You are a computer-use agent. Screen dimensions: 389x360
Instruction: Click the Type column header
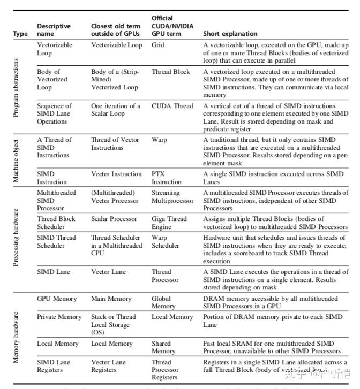pyautogui.click(x=20, y=34)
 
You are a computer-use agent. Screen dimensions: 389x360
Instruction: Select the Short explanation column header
pyautogui.click(x=230, y=34)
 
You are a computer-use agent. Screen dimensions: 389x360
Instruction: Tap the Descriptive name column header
pyautogui.click(x=54, y=30)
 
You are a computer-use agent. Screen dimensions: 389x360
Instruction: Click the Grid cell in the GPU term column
pyautogui.click(x=158, y=45)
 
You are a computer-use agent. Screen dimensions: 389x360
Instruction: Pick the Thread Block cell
pyautogui.click(x=170, y=72)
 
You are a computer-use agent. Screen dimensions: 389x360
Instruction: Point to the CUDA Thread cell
pyautogui.click(x=172, y=106)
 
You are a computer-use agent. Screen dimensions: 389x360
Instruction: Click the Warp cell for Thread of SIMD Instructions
pyautogui.click(x=159, y=140)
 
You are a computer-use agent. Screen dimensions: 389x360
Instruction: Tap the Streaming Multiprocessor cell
pyautogui.click(x=172, y=196)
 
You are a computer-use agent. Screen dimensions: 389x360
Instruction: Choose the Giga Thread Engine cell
pyautogui.click(x=169, y=223)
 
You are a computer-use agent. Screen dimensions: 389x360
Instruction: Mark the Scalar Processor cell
pyautogui.click(x=114, y=219)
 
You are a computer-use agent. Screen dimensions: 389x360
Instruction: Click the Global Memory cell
pyautogui.click(x=163, y=302)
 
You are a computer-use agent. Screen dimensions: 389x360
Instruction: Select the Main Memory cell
pyautogui.click(x=111, y=299)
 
